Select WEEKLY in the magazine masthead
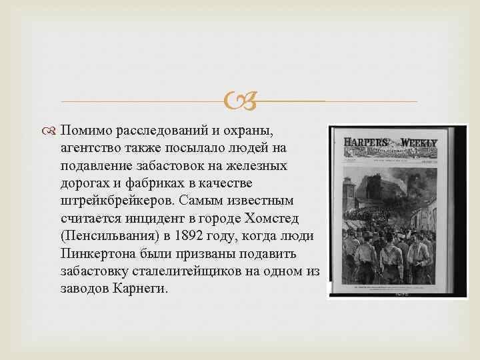(x=419, y=143)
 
